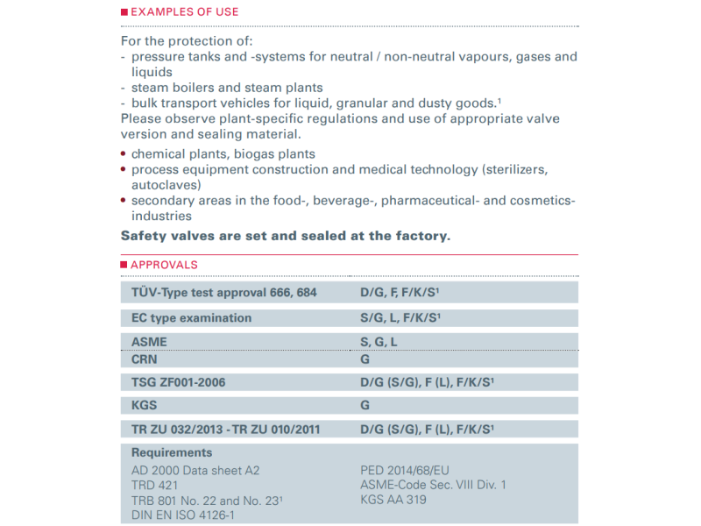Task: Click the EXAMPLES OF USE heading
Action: pyautogui.click(x=184, y=12)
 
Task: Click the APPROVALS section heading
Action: pyautogui.click(x=164, y=264)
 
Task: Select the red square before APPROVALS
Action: pyautogui.click(x=124, y=264)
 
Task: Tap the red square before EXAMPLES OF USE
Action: pyautogui.click(x=124, y=12)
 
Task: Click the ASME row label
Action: pyautogui.click(x=148, y=342)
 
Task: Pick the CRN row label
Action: pyautogui.click(x=145, y=359)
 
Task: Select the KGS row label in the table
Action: pyautogui.click(x=145, y=405)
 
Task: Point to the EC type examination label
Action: pyautogui.click(x=191, y=318)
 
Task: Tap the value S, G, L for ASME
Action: pyautogui.click(x=379, y=342)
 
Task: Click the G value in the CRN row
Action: pyautogui.click(x=365, y=359)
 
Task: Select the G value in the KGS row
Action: pyautogui.click(x=365, y=405)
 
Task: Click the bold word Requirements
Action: pyautogui.click(x=172, y=453)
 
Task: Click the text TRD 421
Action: pyautogui.click(x=155, y=485)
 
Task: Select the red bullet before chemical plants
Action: pyautogui.click(x=124, y=154)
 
